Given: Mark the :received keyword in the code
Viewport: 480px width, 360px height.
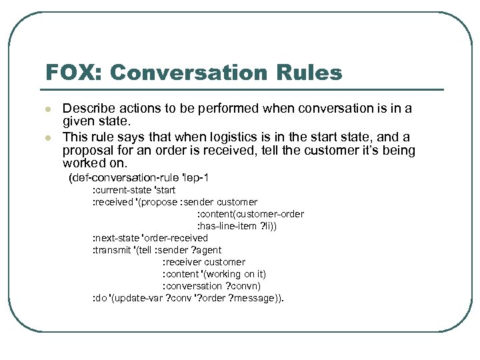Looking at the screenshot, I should click(112, 202).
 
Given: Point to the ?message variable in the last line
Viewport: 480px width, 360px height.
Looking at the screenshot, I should click(256, 298).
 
